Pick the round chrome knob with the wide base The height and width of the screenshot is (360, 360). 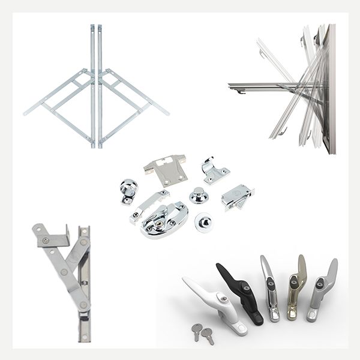198,196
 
